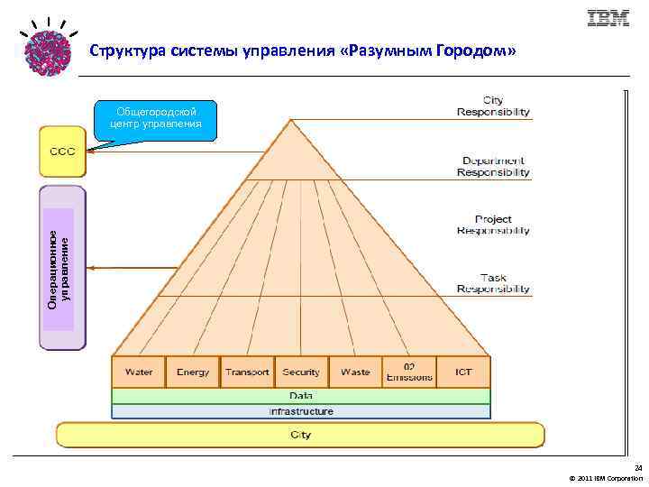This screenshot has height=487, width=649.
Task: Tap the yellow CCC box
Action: pos(62,151)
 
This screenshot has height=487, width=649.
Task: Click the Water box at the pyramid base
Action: pos(139,372)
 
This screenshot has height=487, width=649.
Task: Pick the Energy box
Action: pos(193,372)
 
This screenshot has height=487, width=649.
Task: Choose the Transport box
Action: pos(247,372)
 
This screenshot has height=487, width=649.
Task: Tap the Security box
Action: pos(301,372)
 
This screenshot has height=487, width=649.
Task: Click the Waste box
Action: pos(355,372)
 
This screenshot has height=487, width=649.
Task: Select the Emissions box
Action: pos(409,372)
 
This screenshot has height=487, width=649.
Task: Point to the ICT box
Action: pos(463,372)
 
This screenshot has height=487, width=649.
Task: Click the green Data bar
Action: pos(301,396)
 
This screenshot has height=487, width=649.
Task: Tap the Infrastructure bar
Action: pos(301,411)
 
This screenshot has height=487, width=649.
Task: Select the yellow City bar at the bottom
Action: pos(301,435)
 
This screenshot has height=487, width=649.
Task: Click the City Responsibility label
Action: pos(493,106)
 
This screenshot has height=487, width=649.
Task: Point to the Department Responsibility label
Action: pos(493,167)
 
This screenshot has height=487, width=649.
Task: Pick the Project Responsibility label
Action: pos(493,225)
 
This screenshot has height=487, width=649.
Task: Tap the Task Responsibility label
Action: pos(493,284)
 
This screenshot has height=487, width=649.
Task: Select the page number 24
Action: pos(638,468)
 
